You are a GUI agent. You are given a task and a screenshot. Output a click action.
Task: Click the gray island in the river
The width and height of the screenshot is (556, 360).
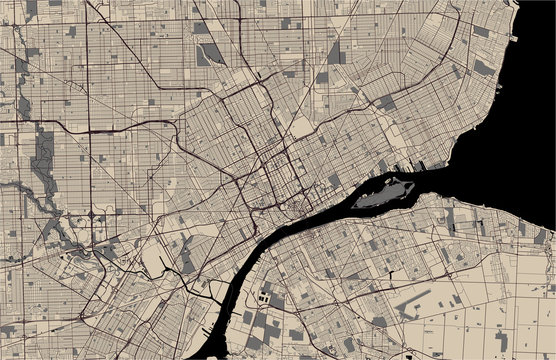tap(385, 191)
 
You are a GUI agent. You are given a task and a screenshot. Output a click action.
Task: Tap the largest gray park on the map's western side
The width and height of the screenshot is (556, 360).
tap(42, 160)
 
